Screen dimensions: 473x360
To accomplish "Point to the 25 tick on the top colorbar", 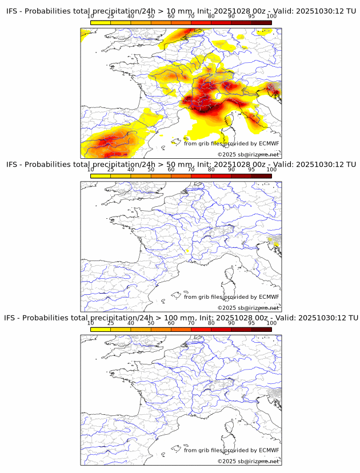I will coord(110,17).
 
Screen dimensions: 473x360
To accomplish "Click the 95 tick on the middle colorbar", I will coord(251,170).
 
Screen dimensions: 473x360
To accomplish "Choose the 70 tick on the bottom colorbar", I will coord(191,323).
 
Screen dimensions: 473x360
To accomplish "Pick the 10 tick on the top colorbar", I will coord(91,17).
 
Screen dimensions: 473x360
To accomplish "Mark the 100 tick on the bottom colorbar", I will coord(271,323).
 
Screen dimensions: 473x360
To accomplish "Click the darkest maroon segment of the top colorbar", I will coord(261,22).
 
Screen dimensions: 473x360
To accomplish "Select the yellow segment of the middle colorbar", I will coord(101,175).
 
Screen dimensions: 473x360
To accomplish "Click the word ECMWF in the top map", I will coord(269,144).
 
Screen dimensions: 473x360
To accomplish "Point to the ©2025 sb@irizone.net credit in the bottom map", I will coord(248,461).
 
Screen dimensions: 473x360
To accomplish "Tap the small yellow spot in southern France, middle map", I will coord(187,251).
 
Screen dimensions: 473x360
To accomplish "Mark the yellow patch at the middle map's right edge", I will coord(275,244).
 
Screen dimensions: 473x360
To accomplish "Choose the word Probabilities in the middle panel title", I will coord(49,165).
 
